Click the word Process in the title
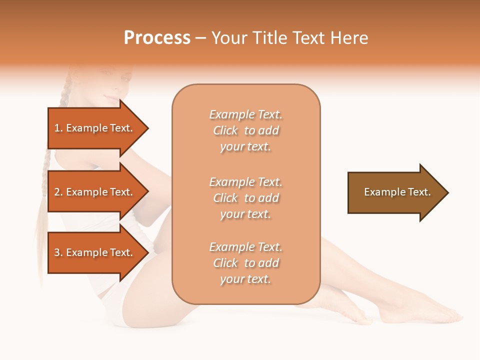click(x=157, y=38)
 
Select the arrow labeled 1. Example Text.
click(x=95, y=128)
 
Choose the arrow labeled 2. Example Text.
click(x=95, y=192)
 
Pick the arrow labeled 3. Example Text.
click(x=95, y=252)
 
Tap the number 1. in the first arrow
click(x=58, y=128)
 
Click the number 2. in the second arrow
click(x=58, y=192)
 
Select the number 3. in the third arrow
click(x=58, y=252)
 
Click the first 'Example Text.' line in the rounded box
click(x=245, y=114)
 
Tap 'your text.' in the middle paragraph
click(x=245, y=214)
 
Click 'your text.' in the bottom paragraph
click(x=245, y=279)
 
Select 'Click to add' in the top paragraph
click(x=245, y=130)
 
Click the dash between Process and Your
click(x=200, y=38)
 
